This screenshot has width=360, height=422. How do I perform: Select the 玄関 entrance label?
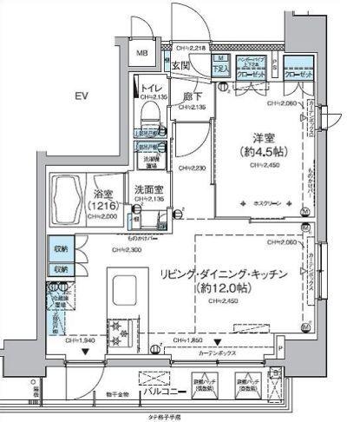click(180, 65)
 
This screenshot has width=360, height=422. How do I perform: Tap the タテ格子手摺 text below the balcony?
click(180, 418)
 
